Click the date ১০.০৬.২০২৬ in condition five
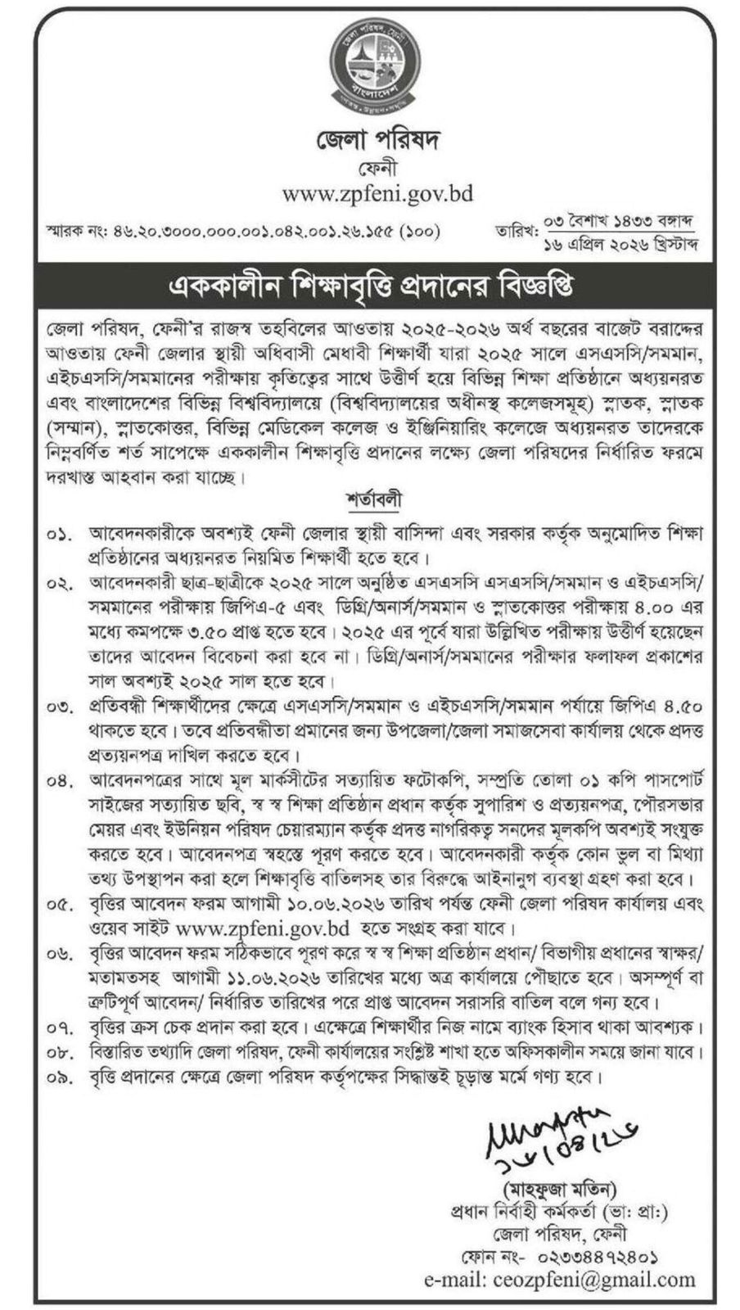(x=370, y=907)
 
